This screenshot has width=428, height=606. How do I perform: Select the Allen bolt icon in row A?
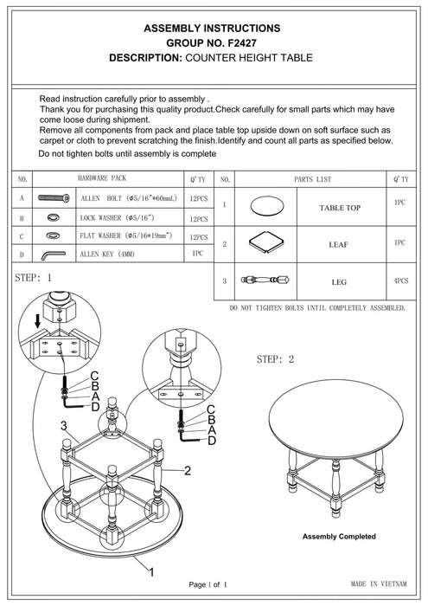click(x=52, y=198)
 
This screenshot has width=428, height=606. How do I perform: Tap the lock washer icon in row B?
click(x=52, y=217)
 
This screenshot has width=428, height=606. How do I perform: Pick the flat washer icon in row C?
click(x=52, y=235)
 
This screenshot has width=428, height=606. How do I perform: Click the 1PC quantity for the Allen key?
click(x=197, y=254)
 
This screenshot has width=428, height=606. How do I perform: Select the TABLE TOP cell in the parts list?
click(x=340, y=209)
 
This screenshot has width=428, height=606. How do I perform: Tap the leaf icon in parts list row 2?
click(x=265, y=243)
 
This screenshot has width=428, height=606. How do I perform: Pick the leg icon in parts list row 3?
click(x=265, y=280)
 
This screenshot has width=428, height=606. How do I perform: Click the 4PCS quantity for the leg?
click(x=400, y=280)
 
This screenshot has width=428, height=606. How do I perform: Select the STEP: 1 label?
click(x=35, y=279)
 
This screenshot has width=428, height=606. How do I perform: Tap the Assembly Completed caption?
click(x=338, y=537)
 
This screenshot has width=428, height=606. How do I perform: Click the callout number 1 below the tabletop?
click(x=152, y=571)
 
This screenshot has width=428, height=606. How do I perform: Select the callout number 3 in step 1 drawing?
click(x=63, y=425)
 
